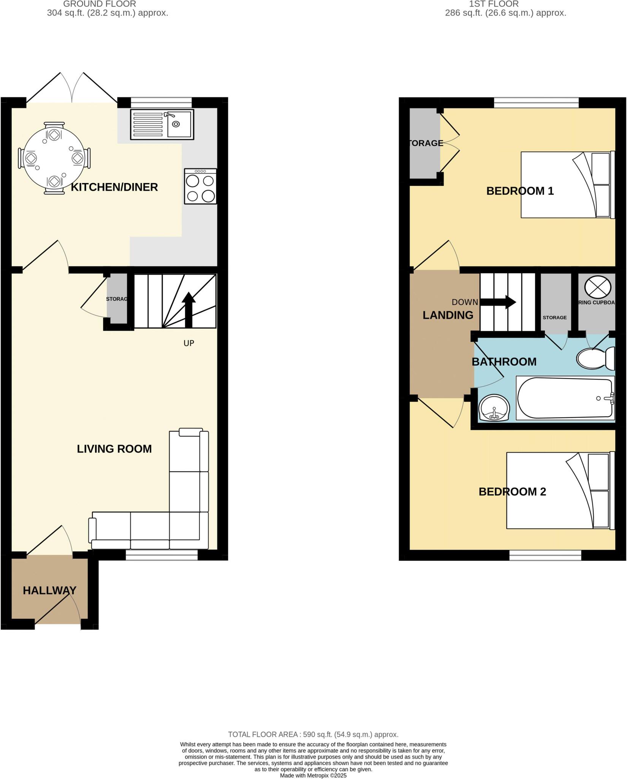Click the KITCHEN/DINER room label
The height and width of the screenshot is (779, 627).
[x=114, y=187]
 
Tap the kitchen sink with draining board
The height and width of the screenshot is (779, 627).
[x=162, y=124]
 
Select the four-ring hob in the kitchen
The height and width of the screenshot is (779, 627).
[x=201, y=186]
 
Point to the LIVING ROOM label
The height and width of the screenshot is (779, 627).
[x=114, y=449]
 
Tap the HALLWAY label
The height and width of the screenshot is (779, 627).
[x=49, y=590]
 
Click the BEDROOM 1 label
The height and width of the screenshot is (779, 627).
[x=520, y=191]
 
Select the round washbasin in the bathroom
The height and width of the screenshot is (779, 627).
[x=493, y=408]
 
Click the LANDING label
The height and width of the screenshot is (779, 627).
[x=448, y=315]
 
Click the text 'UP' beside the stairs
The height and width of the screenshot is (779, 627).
[x=189, y=343]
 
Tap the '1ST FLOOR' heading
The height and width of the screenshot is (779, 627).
[x=494, y=4]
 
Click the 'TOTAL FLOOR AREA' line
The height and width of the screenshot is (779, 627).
[x=313, y=734]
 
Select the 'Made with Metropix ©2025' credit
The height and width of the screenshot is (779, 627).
[x=313, y=775]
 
